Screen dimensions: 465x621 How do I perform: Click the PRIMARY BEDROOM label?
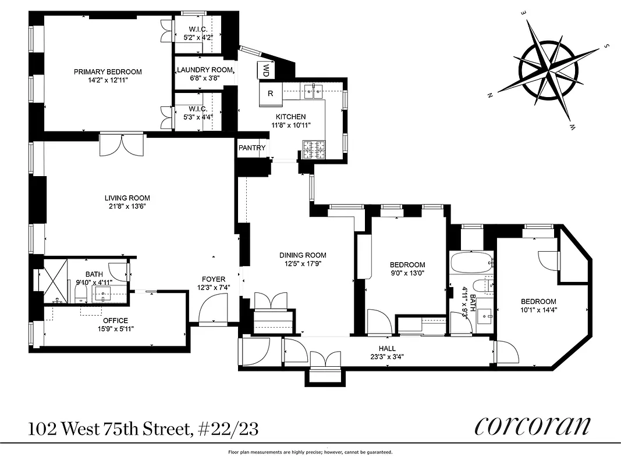pyautogui.click(x=108, y=72)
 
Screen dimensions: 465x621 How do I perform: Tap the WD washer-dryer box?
pyautogui.click(x=265, y=71)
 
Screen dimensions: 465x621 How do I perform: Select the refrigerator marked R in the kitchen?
pyautogui.click(x=271, y=94)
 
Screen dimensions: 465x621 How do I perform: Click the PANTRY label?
pyautogui.click(x=251, y=148)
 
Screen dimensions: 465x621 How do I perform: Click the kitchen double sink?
pyautogui.click(x=312, y=90)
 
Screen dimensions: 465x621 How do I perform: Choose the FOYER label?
pyautogui.click(x=214, y=280)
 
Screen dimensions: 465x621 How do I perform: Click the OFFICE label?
pyautogui.click(x=115, y=320)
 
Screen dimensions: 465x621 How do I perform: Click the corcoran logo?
pyautogui.click(x=533, y=426)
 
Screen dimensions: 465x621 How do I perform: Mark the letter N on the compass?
pyautogui.click(x=491, y=94)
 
